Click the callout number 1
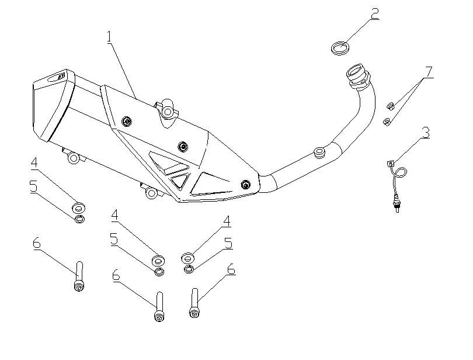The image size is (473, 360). click(x=109, y=36)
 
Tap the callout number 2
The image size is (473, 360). click(x=374, y=13)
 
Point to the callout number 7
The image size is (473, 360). click(x=429, y=72)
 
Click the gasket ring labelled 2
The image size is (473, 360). click(x=339, y=48)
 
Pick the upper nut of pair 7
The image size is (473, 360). click(x=390, y=106)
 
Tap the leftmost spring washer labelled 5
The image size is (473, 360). click(x=79, y=219)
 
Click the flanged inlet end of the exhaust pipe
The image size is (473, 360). click(x=356, y=75)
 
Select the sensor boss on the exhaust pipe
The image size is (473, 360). click(x=319, y=153)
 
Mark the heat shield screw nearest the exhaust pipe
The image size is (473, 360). click(x=246, y=185)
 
